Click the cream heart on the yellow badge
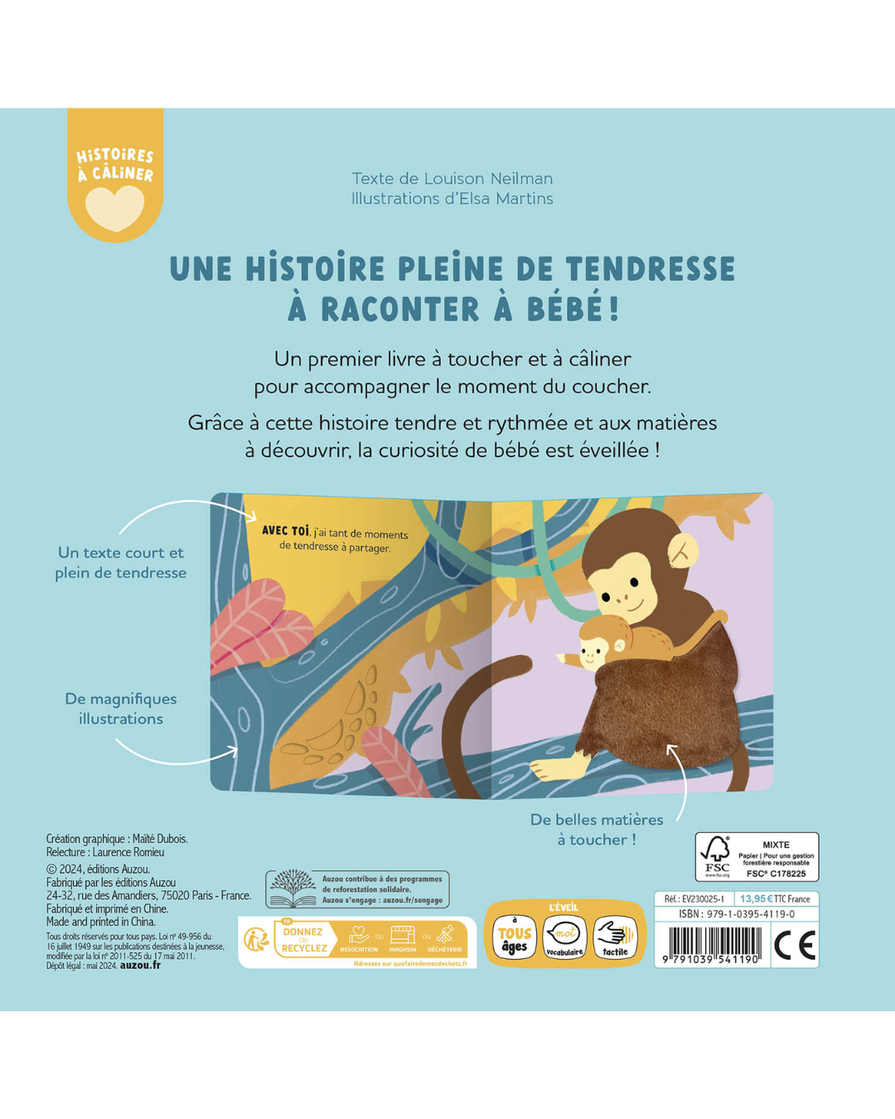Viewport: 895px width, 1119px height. coord(115,207)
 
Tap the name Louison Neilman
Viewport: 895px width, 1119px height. coord(488,178)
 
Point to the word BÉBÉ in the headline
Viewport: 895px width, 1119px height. coord(566,309)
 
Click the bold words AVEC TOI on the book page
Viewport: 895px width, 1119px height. coord(285,530)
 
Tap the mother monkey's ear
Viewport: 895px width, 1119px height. coord(683,550)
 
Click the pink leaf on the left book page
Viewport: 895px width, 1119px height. coord(257,622)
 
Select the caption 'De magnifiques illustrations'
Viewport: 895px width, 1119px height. coord(121,709)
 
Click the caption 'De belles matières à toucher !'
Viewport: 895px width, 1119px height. coord(597,829)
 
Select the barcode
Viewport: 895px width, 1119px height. coord(714,945)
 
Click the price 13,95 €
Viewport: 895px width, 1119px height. coord(756,899)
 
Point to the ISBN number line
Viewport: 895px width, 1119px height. coord(737,914)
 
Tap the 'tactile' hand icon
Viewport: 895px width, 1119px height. coord(615,937)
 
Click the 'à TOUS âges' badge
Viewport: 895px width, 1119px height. coord(515,937)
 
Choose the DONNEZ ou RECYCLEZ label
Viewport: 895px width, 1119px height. coord(303,940)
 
